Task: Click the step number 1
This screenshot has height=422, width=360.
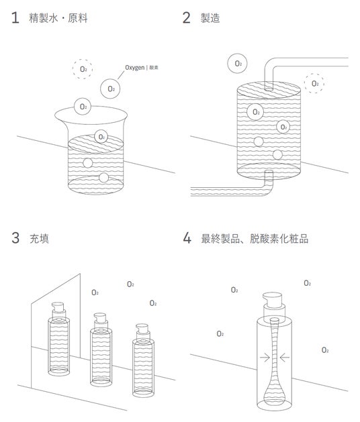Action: coord(15,17)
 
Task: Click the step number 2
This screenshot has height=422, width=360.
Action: coord(187,17)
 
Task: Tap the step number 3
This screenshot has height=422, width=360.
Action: coord(15,238)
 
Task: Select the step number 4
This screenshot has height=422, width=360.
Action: coord(187,238)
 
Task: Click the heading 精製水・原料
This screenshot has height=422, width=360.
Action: coord(58,18)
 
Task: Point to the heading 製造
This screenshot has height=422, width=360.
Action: coord(210,18)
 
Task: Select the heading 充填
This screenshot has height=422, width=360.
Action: coord(39,238)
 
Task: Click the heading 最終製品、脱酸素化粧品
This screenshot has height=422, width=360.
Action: coord(255,238)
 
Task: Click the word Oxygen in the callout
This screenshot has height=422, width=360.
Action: coord(135,68)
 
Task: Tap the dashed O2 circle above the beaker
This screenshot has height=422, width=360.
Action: coord(83,69)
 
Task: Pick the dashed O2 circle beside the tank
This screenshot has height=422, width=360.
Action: coord(314,83)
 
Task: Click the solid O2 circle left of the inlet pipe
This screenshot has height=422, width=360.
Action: coord(237,64)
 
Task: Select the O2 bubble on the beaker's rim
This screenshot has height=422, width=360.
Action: coord(83,107)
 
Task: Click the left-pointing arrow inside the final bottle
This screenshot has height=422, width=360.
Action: coord(285,358)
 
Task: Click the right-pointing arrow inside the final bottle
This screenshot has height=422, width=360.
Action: coord(265,358)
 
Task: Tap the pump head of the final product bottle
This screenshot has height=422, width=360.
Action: coord(272,299)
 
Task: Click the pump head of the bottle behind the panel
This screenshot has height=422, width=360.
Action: coord(58,307)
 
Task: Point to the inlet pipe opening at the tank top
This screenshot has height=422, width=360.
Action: coord(269,88)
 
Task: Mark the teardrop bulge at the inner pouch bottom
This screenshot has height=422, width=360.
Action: coord(275,393)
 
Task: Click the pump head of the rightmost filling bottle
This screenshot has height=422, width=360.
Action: coord(142,329)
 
